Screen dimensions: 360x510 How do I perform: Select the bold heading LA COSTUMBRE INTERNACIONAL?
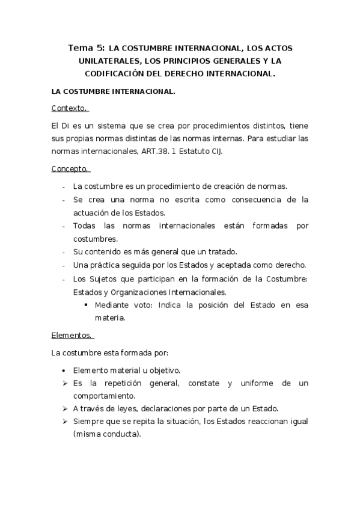(x=114, y=92)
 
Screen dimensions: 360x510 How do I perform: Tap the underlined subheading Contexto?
(x=70, y=108)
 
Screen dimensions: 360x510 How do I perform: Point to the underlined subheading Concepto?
(x=70, y=170)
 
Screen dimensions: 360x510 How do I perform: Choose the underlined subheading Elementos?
(x=72, y=335)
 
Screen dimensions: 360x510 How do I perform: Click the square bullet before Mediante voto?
(x=86, y=305)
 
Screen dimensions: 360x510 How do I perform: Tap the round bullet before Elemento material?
(x=64, y=370)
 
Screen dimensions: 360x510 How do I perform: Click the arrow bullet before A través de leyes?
(x=64, y=408)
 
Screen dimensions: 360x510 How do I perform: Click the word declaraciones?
(x=178, y=408)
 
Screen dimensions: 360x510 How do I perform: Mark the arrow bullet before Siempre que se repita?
(x=64, y=422)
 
